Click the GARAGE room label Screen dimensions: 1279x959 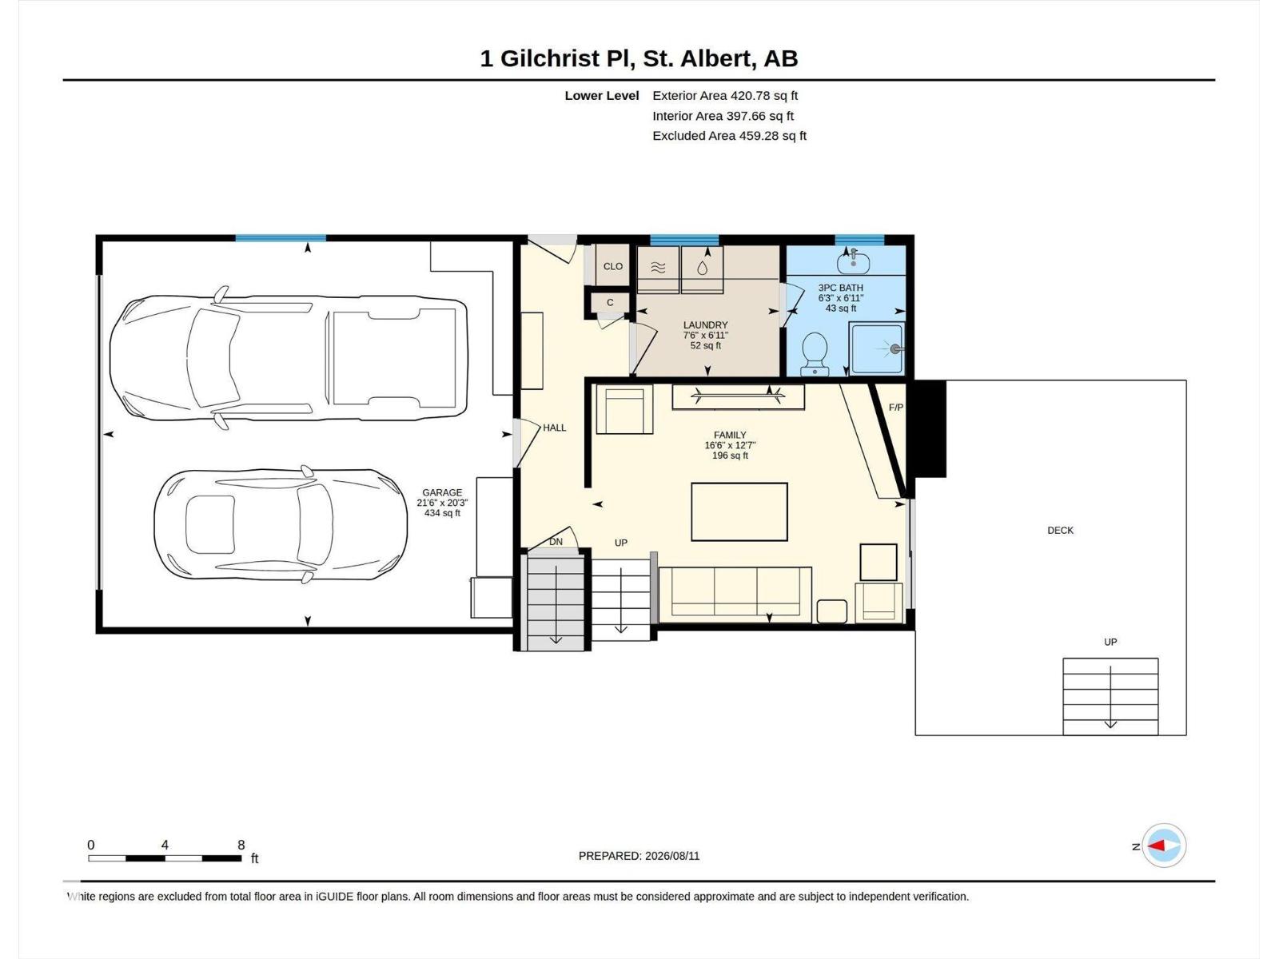click(x=442, y=492)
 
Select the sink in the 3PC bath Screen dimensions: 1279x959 click(x=853, y=261)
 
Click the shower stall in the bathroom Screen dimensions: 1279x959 click(x=876, y=348)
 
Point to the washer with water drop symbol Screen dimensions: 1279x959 click(x=702, y=269)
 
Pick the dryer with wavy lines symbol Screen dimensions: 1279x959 click(x=658, y=269)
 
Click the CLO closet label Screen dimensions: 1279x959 click(x=612, y=267)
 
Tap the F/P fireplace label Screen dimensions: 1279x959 click(x=895, y=408)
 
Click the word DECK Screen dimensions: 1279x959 click(x=1060, y=531)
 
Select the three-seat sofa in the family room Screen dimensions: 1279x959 click(x=735, y=594)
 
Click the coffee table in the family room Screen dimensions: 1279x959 click(x=739, y=511)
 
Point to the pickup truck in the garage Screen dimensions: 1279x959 click(x=289, y=357)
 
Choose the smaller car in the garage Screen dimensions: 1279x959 click(x=281, y=524)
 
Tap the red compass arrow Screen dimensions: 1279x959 click(x=1155, y=846)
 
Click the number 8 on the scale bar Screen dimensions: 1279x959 click(x=241, y=844)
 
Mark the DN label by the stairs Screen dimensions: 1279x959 click(x=556, y=542)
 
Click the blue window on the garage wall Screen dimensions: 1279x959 click(x=281, y=238)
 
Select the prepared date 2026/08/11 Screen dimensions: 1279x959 click(x=671, y=856)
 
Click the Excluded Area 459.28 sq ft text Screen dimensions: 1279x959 click(x=729, y=136)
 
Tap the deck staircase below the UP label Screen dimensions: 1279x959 click(x=1110, y=696)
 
